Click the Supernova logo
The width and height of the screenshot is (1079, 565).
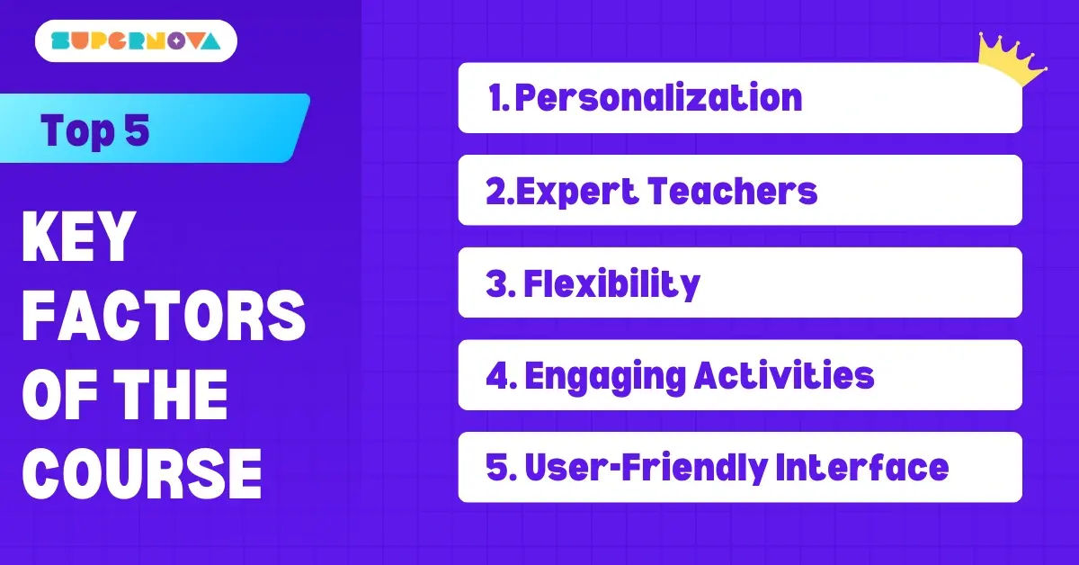coord(136,40)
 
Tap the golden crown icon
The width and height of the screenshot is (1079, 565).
coord(1012,60)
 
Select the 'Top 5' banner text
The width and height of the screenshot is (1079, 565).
coord(94,131)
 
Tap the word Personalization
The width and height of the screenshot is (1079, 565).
coord(657,98)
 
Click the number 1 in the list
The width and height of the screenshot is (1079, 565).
coord(495,98)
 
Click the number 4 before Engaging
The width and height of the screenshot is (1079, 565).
coord(498,376)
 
